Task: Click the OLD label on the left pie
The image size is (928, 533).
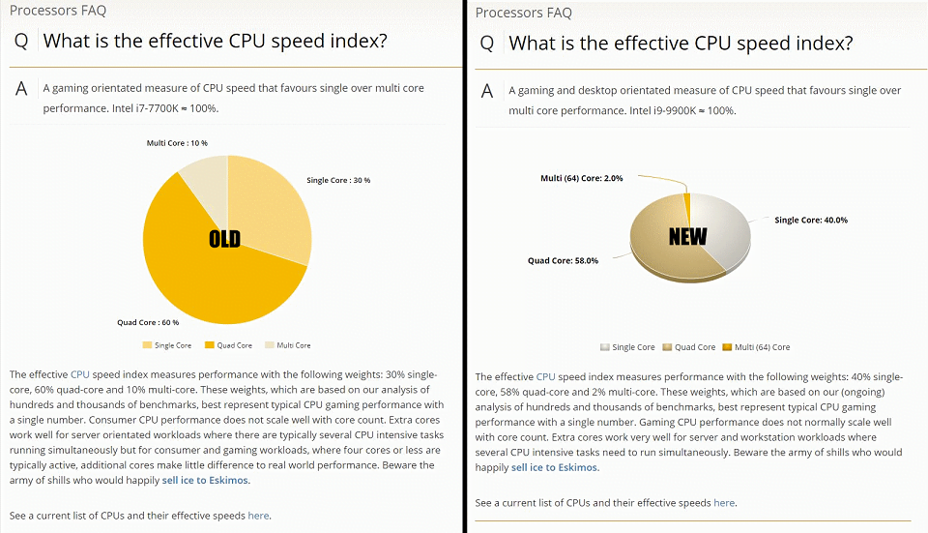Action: (224, 238)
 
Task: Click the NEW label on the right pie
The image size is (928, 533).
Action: (688, 236)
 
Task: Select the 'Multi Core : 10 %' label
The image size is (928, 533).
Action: (177, 143)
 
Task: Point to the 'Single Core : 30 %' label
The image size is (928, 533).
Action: (338, 180)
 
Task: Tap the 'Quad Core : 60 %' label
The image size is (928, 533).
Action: (148, 322)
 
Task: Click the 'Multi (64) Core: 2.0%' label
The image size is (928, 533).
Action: (581, 178)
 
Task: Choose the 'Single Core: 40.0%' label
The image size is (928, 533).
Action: (811, 220)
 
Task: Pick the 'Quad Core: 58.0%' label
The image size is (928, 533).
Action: (563, 260)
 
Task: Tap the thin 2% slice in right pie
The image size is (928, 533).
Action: (687, 199)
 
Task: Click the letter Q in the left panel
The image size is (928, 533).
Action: (21, 41)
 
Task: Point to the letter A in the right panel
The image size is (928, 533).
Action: (487, 90)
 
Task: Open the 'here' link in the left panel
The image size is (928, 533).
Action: (258, 516)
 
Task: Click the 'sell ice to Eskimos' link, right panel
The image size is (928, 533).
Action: (555, 467)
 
